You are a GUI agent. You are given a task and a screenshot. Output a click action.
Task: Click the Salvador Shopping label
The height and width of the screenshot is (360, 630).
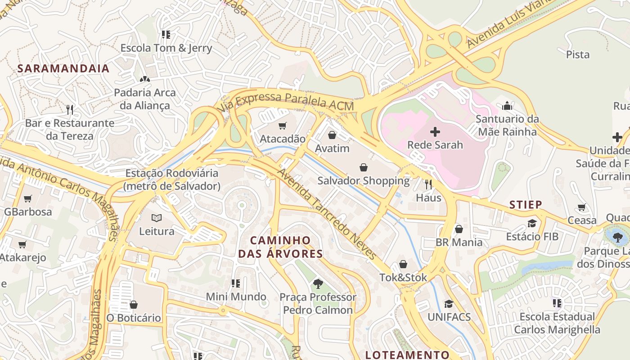click(x=364, y=181)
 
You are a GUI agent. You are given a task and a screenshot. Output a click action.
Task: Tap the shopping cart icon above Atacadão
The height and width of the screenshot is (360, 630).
click(x=282, y=126)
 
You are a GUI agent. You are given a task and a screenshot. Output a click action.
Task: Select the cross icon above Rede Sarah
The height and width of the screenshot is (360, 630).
click(x=435, y=132)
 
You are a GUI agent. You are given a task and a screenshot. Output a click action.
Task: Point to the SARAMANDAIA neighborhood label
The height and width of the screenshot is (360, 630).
click(x=63, y=68)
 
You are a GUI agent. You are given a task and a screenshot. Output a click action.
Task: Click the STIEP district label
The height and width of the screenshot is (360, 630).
click(x=526, y=205)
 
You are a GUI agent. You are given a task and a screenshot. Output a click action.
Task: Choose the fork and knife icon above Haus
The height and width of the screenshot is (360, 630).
click(x=428, y=184)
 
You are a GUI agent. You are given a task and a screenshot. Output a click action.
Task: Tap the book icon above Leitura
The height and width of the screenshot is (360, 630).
click(x=157, y=218)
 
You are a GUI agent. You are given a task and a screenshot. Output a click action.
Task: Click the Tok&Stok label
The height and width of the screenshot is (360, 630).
click(x=403, y=278)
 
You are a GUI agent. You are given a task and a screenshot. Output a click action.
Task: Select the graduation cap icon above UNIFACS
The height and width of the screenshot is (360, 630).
click(x=449, y=304)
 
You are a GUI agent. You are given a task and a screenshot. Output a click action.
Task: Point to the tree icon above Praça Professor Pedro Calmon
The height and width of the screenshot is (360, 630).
click(x=318, y=283)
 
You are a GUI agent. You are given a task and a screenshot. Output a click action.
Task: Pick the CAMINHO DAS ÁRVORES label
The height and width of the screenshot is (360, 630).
click(x=280, y=247)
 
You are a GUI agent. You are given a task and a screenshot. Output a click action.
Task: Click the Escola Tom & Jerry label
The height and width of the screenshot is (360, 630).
click(x=166, y=48)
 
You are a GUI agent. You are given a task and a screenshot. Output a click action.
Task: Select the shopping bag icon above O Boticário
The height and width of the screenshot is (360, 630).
click(x=134, y=305)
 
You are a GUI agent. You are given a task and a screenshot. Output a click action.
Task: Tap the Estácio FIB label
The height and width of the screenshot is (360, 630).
click(x=532, y=237)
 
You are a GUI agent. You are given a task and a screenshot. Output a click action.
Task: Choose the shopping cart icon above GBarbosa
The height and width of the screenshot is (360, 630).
click(x=28, y=198)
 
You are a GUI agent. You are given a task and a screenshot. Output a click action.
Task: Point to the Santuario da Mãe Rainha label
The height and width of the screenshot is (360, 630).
click(x=507, y=126)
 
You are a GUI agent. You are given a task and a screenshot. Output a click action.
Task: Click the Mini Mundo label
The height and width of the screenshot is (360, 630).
click(x=236, y=297)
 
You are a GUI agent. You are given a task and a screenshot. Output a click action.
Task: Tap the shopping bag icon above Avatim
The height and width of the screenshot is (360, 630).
click(x=332, y=135)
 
